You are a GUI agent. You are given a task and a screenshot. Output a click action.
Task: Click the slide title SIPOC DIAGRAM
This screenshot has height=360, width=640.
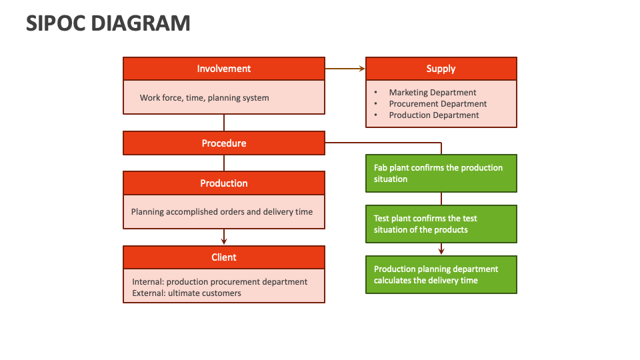(x=108, y=23)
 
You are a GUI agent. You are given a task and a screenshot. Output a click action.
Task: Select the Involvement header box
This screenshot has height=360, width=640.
(x=224, y=69)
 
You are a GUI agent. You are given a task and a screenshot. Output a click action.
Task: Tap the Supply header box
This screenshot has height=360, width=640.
(x=441, y=69)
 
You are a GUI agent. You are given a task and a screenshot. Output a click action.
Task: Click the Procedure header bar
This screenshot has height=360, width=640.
(x=224, y=143)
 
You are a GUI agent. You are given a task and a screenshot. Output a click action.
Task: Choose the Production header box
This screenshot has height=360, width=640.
(x=224, y=183)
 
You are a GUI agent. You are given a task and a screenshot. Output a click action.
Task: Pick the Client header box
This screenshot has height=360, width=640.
(x=224, y=257)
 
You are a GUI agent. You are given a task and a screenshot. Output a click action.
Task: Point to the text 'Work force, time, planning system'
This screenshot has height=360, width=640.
(x=204, y=98)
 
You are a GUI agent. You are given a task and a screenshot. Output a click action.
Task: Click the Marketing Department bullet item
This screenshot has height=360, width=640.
(x=433, y=93)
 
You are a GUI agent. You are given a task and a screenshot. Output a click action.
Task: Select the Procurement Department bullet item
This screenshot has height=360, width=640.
(x=438, y=104)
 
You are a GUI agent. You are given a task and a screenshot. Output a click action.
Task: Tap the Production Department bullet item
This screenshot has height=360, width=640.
(x=434, y=115)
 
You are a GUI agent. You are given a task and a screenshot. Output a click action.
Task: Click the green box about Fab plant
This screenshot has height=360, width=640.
(x=441, y=173)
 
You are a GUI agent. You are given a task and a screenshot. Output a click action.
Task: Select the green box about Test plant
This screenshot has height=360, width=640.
(x=441, y=224)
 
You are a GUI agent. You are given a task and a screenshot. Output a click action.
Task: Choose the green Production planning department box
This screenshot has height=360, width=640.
(x=441, y=275)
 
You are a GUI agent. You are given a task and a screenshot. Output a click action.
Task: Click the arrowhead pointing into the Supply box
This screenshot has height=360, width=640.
(x=362, y=69)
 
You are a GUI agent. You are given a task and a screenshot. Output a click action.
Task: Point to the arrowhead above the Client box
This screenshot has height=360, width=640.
(x=224, y=241)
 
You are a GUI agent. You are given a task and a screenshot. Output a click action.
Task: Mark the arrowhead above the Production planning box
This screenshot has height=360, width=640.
(x=441, y=251)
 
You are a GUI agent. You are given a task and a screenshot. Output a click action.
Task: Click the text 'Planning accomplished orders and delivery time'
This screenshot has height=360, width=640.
(x=222, y=212)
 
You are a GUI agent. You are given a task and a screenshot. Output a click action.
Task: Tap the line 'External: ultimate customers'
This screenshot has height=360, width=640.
(x=187, y=293)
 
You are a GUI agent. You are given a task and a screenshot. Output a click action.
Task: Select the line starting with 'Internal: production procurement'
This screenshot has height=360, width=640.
(x=220, y=282)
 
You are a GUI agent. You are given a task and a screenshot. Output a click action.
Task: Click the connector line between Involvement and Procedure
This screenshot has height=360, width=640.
(x=224, y=123)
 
